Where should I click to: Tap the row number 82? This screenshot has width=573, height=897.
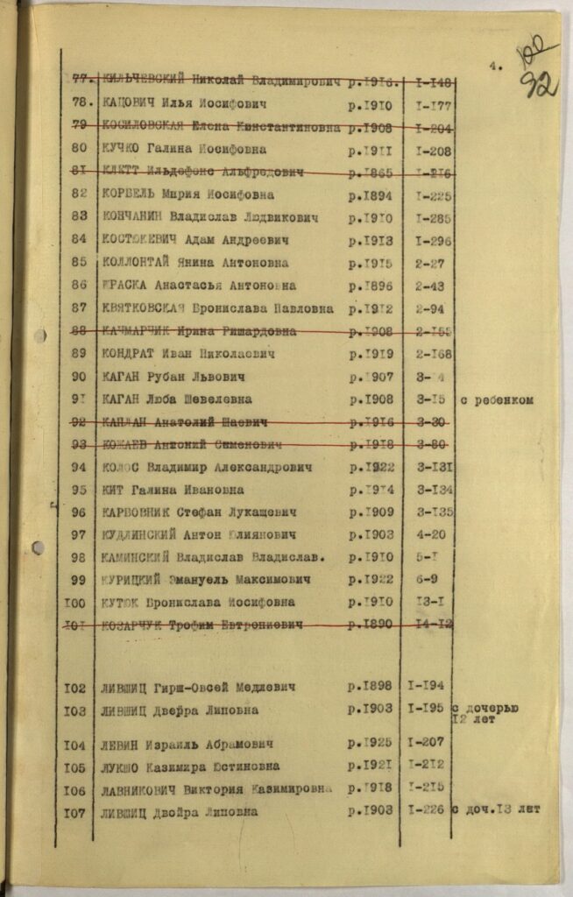(80, 194)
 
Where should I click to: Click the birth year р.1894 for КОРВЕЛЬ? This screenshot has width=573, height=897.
(371, 194)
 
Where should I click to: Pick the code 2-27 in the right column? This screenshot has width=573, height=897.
(430, 262)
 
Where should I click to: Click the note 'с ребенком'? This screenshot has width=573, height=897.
(498, 400)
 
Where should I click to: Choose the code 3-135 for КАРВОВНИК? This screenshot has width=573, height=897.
(435, 512)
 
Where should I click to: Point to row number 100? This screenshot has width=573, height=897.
(75, 603)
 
